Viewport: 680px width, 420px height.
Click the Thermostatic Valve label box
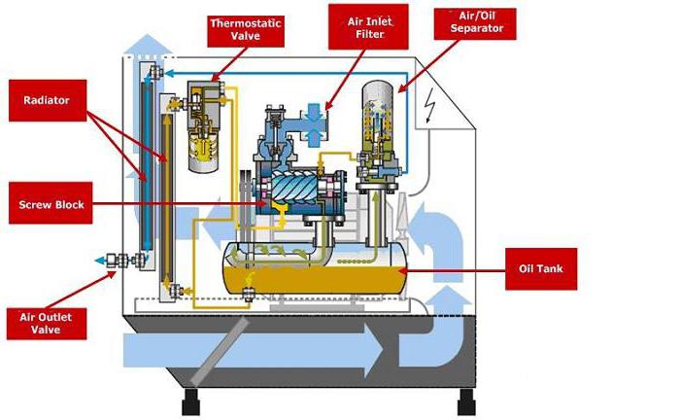click(247, 29)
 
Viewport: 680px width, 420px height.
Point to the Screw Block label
click(54, 205)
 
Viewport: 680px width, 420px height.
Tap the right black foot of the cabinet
click(466, 399)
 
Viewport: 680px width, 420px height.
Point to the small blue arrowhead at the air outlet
click(99, 261)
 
